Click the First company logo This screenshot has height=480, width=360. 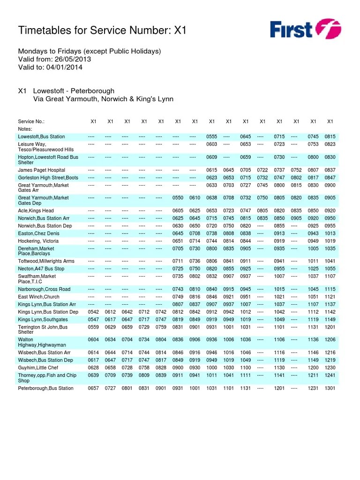[x=305, y=29]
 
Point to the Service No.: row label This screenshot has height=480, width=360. [x=31, y=121]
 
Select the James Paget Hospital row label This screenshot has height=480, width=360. [x=42, y=170]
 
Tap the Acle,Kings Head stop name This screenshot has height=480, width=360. [x=36, y=211]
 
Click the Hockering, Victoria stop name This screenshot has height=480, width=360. [x=38, y=241]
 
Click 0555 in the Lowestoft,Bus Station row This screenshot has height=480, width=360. [x=211, y=136]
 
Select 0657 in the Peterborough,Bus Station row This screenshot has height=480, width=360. [x=93, y=388]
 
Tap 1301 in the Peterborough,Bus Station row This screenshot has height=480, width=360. [x=330, y=388]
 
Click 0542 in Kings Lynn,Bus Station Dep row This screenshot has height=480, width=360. [x=93, y=312]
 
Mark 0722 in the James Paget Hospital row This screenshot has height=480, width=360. [x=262, y=170]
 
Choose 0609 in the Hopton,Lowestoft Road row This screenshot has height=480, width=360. [x=211, y=157]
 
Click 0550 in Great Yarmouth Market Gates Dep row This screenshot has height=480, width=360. [x=178, y=198]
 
